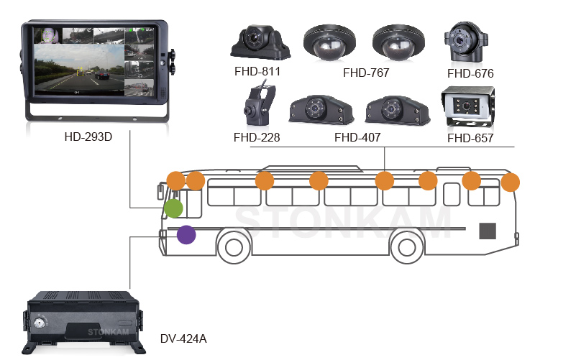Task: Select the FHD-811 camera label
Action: point(257,71)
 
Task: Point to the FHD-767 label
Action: point(367,73)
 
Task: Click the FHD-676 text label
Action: point(470,73)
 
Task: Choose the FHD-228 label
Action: point(257,137)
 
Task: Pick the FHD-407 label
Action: point(357,137)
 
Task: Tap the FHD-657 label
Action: point(470,138)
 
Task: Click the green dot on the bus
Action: point(173,209)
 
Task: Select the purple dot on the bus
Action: point(186,235)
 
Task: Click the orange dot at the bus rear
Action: point(511,183)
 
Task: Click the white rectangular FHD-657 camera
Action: point(470,109)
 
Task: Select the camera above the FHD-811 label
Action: point(260,42)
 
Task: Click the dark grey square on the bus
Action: point(489,231)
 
